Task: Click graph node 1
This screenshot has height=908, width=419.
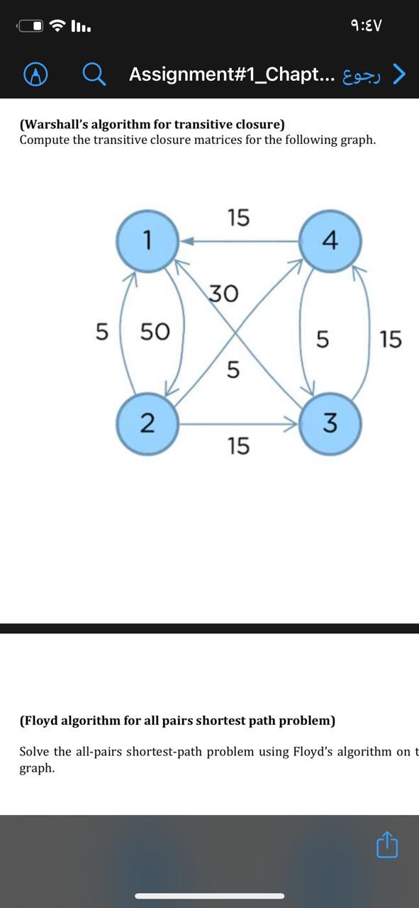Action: point(147,241)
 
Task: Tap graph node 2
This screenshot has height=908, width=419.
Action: point(147,423)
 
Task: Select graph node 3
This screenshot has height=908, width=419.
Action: point(330,423)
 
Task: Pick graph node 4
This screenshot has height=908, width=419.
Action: point(330,241)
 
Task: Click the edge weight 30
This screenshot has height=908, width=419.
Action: point(223,293)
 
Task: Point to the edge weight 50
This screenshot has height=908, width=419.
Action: point(155,331)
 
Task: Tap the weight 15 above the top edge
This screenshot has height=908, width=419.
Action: point(239,217)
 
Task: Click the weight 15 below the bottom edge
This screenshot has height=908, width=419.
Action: point(239,445)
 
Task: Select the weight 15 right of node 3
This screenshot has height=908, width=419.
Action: point(391,339)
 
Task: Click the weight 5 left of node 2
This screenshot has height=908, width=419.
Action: point(102,331)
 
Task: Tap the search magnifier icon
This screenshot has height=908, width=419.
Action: point(94,74)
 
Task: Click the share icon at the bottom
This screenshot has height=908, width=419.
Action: point(387,846)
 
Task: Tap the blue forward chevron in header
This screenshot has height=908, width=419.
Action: point(400,74)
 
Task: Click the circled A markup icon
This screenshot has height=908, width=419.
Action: point(35,74)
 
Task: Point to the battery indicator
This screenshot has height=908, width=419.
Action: point(31,26)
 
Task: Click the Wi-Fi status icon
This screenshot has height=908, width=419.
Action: point(60,26)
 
